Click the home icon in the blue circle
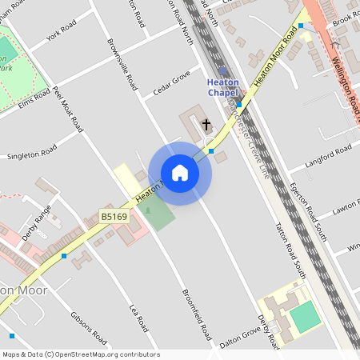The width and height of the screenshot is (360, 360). [x=180, y=173]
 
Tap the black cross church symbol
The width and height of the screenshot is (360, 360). [x=206, y=125]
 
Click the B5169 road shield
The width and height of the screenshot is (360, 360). [x=114, y=216]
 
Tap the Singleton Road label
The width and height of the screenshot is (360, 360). [x=32, y=151]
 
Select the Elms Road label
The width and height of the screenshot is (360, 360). [x=34, y=103]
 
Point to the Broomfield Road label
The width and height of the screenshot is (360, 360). [x=195, y=313]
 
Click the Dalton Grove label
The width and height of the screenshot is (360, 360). [x=244, y=335]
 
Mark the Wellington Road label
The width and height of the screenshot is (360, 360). [x=344, y=81]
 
